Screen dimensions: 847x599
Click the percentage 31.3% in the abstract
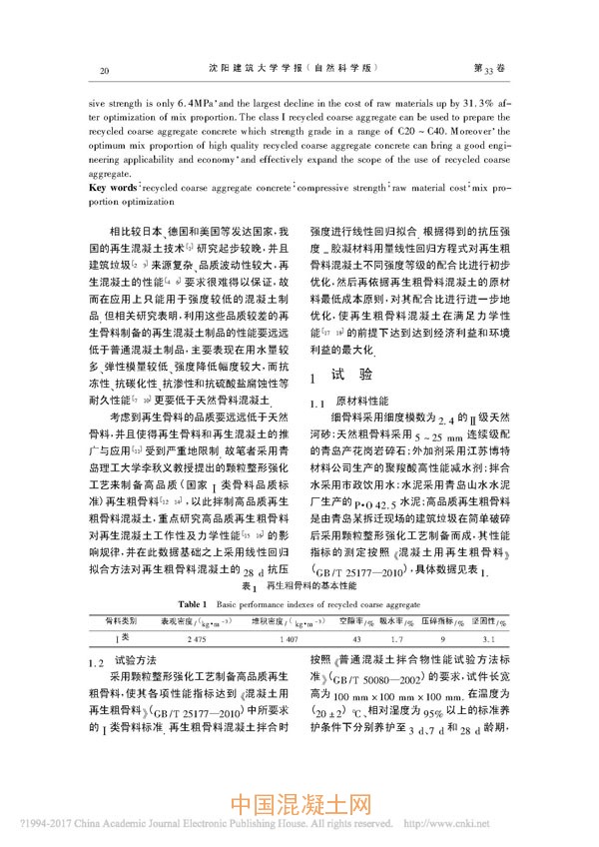tap(459, 103)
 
